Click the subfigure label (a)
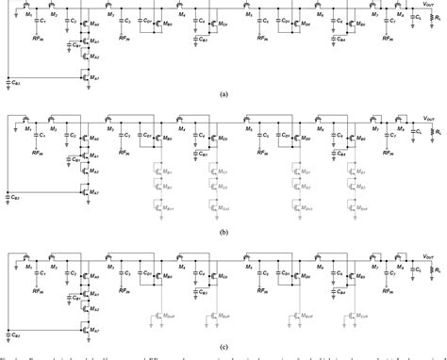tap(223, 95)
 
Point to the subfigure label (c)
tap(223, 346)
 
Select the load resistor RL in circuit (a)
tap(432, 23)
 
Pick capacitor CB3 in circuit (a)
tap(9, 84)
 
